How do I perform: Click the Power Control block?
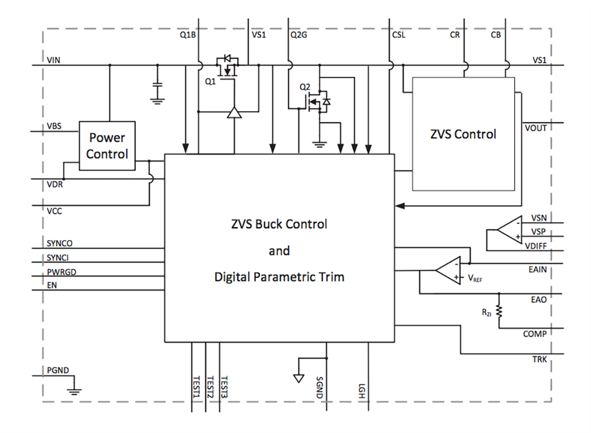[x=107, y=146]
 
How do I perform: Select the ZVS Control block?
[x=463, y=134]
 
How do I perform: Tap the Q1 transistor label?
[x=210, y=82]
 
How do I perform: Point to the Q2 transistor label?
[x=304, y=87]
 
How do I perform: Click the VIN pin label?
[x=53, y=60]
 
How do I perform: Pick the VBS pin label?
[x=54, y=126]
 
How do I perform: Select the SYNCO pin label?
[x=59, y=243]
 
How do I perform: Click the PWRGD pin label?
[x=60, y=271]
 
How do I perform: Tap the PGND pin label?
[x=58, y=371]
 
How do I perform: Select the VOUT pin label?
[x=535, y=128]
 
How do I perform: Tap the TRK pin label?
[x=539, y=358]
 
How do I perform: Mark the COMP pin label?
[x=535, y=334]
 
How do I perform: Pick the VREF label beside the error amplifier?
[x=474, y=277]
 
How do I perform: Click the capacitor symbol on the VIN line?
[x=157, y=86]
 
